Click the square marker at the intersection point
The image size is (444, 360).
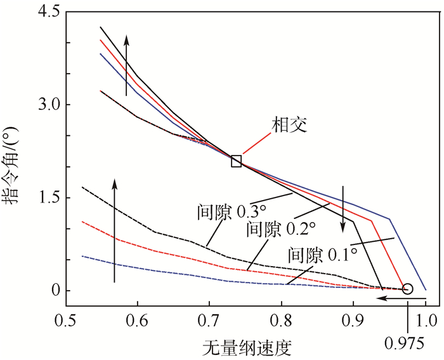pyautogui.click(x=236, y=161)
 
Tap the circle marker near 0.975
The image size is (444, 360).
pyautogui.click(x=408, y=289)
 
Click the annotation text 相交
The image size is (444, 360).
pyautogui.click(x=289, y=124)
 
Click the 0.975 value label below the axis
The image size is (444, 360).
pyautogui.click(x=405, y=343)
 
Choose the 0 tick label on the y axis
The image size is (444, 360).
pyautogui.click(x=54, y=291)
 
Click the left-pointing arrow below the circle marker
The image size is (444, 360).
pyautogui.click(x=393, y=297)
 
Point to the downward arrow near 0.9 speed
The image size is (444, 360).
pyautogui.click(x=343, y=210)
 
